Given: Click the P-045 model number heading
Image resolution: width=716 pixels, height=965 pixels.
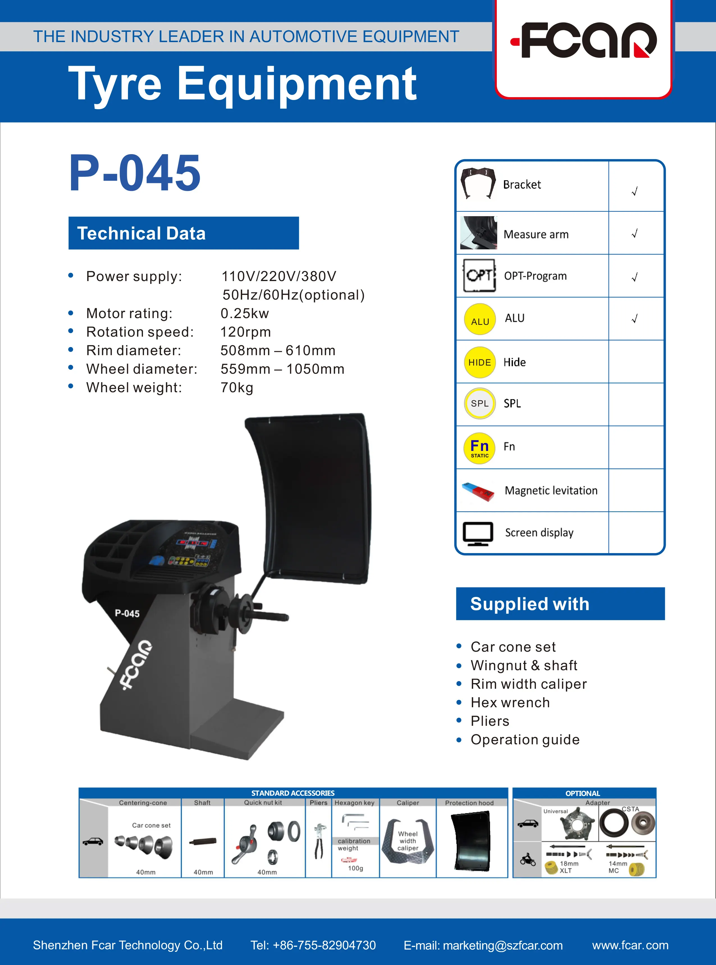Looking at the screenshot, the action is click(135, 173).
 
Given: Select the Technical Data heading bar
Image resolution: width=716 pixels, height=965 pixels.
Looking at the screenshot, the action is click(184, 233).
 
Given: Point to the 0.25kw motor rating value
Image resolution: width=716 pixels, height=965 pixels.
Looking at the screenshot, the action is click(244, 313).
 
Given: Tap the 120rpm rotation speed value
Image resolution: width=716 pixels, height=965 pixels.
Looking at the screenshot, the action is click(245, 332).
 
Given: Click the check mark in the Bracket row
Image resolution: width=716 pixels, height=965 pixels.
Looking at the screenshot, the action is click(635, 191).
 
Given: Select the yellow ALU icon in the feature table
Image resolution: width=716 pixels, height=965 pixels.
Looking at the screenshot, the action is click(480, 319).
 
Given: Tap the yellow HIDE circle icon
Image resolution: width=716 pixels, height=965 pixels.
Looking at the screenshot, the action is click(480, 362).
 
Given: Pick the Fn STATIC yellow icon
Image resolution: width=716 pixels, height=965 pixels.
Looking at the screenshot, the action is click(480, 448).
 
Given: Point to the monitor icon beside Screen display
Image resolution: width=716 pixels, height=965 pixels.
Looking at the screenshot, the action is click(478, 533).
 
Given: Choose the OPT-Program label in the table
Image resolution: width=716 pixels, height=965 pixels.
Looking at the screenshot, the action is click(535, 276).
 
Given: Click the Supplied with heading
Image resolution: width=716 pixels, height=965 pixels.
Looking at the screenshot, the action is click(530, 604).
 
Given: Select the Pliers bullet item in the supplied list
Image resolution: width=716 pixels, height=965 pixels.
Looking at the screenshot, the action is click(490, 721).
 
